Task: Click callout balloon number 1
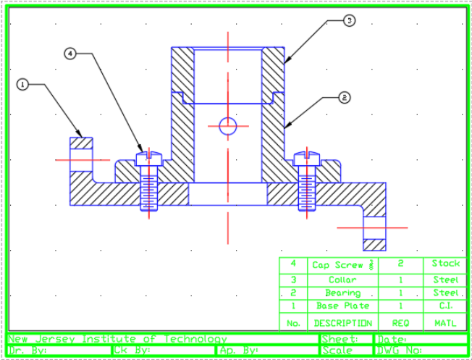(22, 85)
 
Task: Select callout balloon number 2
(345, 96)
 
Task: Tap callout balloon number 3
(349, 21)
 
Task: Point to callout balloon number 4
(70, 53)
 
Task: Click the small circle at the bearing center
(228, 126)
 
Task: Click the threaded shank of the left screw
(148, 189)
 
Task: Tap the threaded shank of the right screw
(308, 189)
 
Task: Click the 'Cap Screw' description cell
(343, 264)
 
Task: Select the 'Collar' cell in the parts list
(343, 279)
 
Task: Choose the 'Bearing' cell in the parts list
(343, 293)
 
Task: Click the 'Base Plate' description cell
(343, 306)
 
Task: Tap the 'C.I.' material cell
(445, 306)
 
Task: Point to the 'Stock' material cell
(445, 264)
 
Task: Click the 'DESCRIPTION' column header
(343, 323)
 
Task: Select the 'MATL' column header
(445, 323)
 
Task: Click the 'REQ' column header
(400, 323)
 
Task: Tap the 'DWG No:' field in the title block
(421, 351)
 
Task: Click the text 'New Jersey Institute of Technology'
(117, 339)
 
